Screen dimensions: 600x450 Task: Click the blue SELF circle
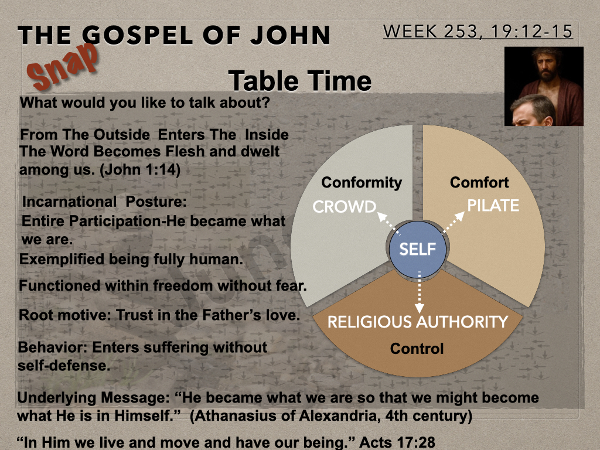tap(417, 249)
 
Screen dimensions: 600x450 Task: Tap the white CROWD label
tap(345, 207)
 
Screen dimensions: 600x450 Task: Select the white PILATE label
tap(493, 206)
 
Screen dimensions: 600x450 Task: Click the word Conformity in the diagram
tap(362, 182)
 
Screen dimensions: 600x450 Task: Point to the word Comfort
tap(479, 182)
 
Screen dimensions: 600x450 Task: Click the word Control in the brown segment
tap(417, 349)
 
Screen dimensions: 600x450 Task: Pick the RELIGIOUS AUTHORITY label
tap(418, 322)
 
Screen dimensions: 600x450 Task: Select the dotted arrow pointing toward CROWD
tap(388, 223)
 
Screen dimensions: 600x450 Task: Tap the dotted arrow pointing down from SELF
tap(420, 292)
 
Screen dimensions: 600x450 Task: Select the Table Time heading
tap(299, 81)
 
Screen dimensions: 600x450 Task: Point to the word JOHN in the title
tap(290, 35)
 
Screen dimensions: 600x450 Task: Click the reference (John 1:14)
tap(139, 169)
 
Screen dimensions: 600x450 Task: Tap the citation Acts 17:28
tap(397, 442)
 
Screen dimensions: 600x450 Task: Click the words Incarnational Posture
tap(104, 202)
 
